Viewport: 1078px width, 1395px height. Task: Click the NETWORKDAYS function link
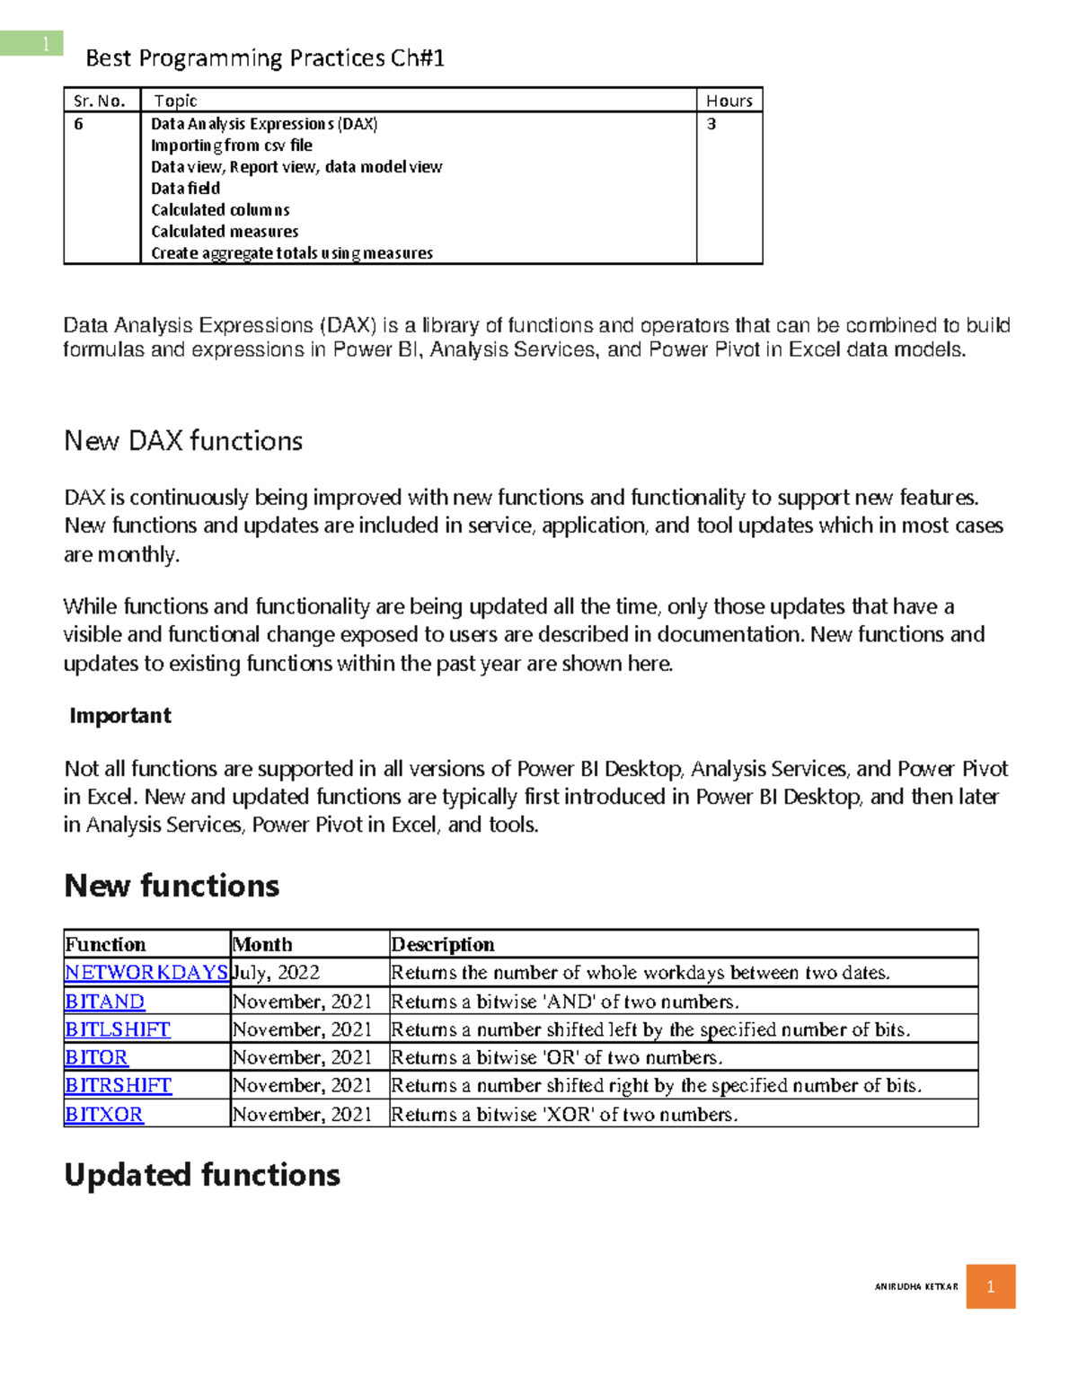146,972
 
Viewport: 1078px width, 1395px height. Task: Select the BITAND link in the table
104,1001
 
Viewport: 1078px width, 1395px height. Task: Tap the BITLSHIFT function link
117,1029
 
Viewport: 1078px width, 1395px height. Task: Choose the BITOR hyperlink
96,1057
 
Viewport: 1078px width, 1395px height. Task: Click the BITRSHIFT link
118,1085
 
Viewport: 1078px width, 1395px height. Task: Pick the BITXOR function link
103,1114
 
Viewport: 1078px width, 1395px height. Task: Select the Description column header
442,944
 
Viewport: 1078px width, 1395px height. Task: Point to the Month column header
262,944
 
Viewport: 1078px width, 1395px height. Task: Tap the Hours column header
729,101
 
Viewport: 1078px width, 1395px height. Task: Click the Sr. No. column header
99,101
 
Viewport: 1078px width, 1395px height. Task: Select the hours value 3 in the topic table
711,124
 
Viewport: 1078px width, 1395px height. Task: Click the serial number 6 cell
79,124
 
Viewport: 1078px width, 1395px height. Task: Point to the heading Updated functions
202,1175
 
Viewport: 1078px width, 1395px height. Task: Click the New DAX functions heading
183,441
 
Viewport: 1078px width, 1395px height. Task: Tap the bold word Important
119,716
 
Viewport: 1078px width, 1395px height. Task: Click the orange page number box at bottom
990,1286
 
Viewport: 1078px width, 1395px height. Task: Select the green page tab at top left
31,43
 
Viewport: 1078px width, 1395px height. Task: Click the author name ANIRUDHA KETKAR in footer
915,1286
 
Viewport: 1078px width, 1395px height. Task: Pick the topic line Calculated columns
220,210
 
